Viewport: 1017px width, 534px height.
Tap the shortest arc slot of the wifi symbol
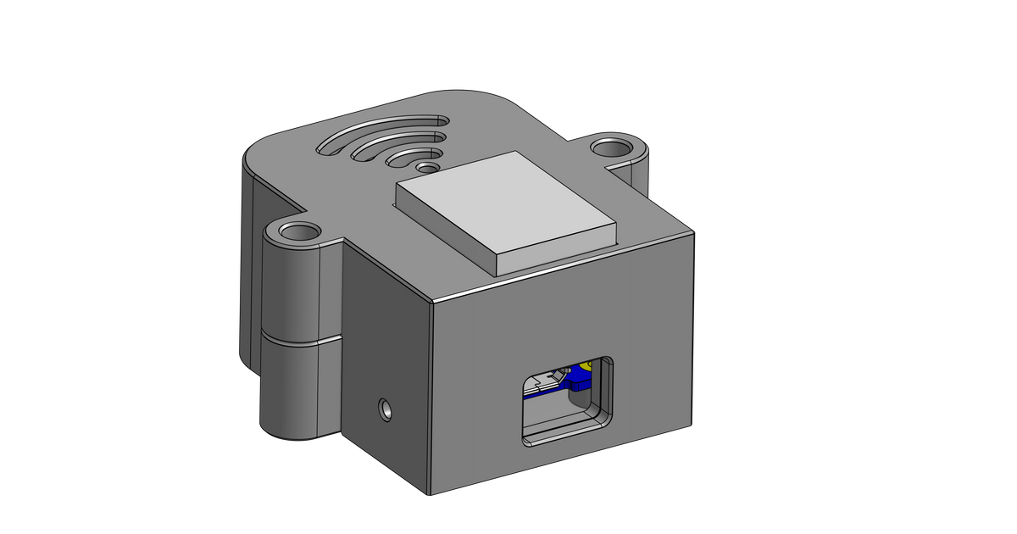click(414, 157)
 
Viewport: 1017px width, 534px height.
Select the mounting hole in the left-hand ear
click(297, 231)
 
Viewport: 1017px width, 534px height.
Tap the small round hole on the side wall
click(386, 409)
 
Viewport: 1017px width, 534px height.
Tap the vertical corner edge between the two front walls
click(432, 398)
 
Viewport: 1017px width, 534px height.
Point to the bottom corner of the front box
click(433, 492)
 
